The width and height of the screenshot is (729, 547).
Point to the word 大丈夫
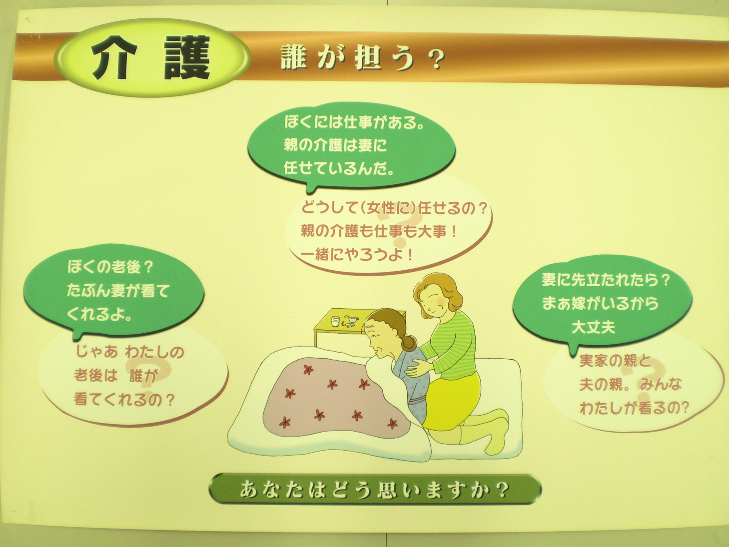click(x=593, y=327)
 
